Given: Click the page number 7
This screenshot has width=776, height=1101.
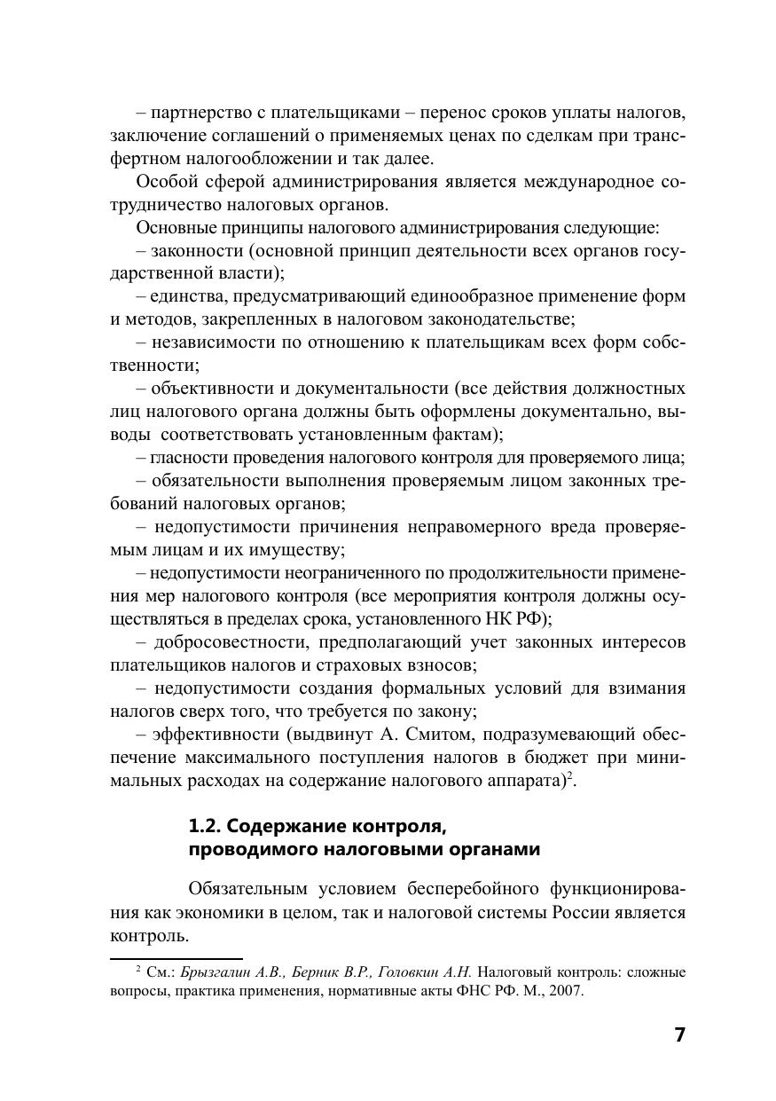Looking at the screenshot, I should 679,1034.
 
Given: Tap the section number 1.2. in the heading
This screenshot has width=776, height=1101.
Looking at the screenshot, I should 206,826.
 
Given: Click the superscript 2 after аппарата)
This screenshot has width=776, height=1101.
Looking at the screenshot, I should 571,776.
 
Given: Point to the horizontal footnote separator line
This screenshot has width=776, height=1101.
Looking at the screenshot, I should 176,959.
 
